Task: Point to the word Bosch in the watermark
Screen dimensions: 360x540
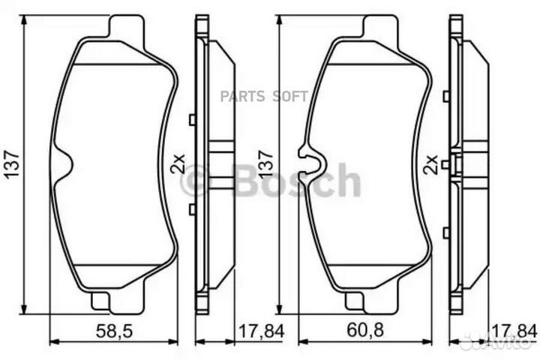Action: (297, 181)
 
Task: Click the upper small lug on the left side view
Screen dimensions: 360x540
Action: (193, 119)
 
